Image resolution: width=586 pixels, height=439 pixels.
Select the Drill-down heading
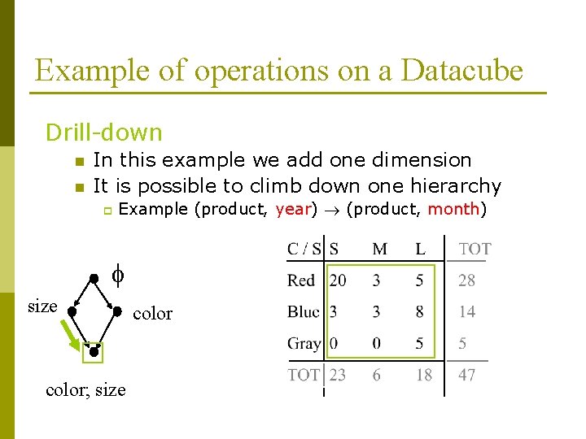click(103, 133)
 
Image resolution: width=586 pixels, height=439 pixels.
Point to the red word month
click(453, 209)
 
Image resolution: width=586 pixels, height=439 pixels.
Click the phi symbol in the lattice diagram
click(117, 276)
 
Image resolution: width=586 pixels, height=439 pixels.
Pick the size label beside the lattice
click(42, 306)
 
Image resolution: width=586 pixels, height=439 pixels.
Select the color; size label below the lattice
click(85, 389)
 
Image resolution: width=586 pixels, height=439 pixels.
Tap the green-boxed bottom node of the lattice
click(94, 351)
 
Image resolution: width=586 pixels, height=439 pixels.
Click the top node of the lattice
click(94, 278)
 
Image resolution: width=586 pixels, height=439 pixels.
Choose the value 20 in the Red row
click(338, 280)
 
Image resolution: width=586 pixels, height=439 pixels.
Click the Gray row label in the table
click(304, 343)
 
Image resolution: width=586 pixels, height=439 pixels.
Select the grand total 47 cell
click(466, 376)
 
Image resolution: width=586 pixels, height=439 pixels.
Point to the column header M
click(379, 249)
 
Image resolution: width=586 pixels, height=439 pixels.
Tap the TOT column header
click(474, 249)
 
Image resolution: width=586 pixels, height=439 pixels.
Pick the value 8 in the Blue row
click(419, 311)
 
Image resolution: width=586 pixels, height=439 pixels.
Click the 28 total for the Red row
click(466, 280)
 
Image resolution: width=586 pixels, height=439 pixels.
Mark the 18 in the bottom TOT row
click(423, 376)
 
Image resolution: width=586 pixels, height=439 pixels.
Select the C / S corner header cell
click(304, 249)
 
